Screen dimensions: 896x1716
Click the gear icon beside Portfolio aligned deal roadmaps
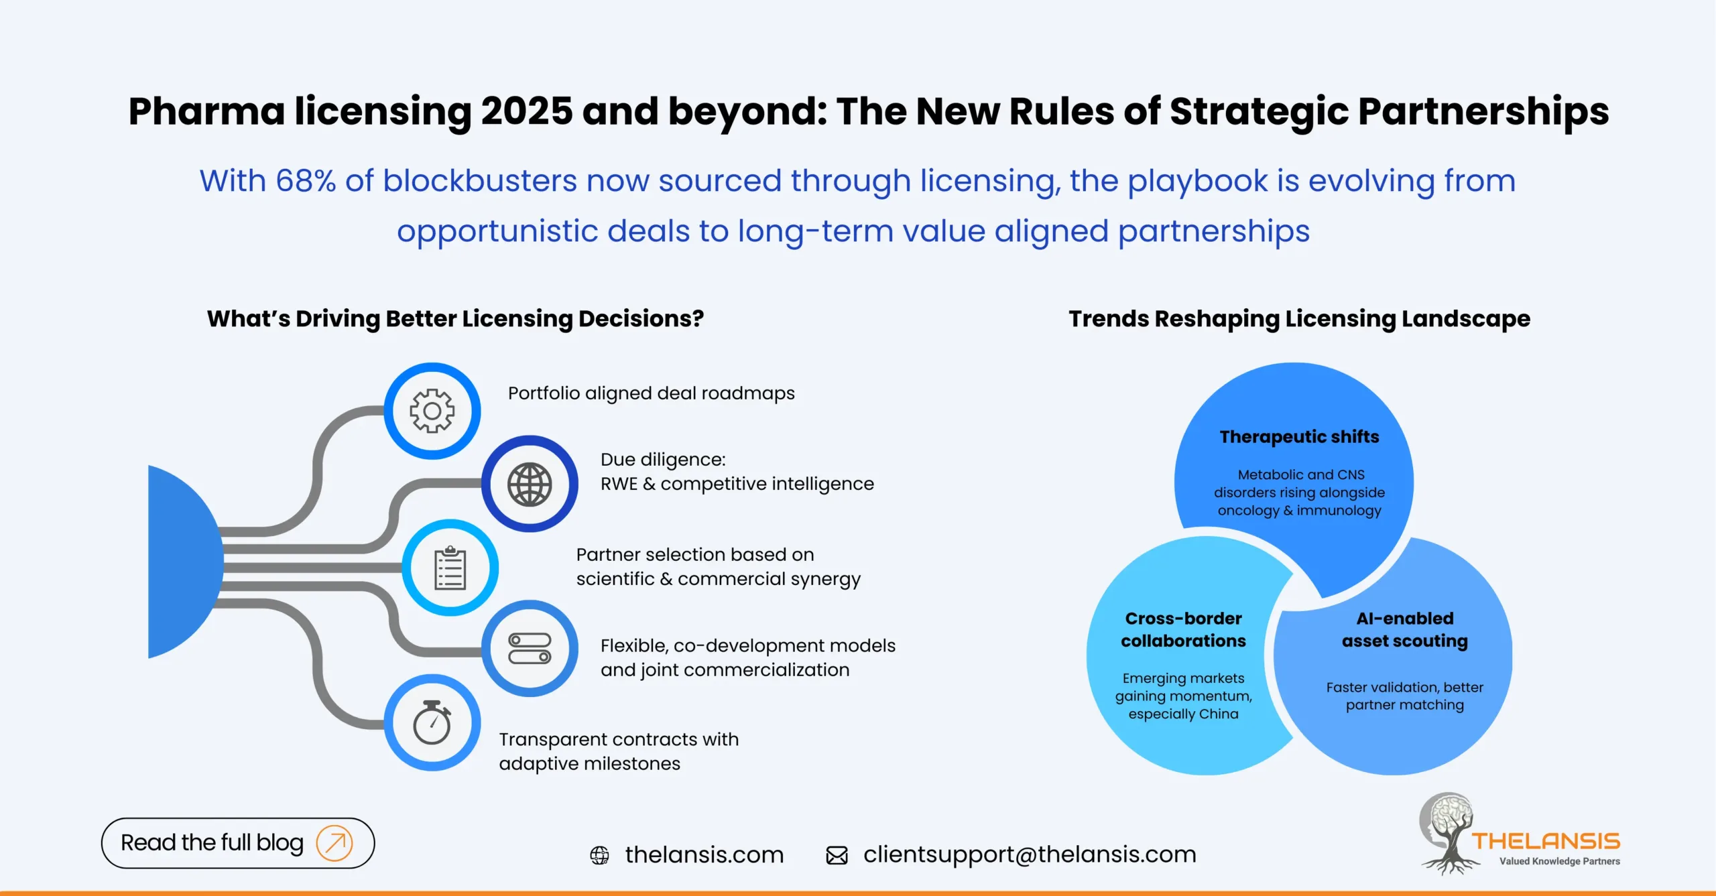[432, 411]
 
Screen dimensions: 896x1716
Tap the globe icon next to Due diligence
[530, 484]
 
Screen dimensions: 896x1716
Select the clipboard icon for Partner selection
[450, 568]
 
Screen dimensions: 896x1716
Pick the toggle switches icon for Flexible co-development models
[530, 648]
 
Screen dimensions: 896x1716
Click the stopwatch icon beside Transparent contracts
[432, 722]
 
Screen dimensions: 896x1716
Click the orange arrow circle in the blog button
[334, 842]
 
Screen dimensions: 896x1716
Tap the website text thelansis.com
[704, 854]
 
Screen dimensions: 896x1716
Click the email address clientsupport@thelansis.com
[1030, 854]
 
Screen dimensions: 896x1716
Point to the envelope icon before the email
[837, 855]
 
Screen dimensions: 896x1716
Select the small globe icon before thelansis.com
[599, 855]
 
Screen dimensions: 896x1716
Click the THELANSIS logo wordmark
[1545, 841]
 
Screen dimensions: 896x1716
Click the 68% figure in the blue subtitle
[306, 181]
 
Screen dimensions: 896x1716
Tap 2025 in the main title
[527, 111]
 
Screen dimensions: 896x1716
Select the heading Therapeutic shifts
[1299, 437]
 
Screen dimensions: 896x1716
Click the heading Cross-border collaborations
[1183, 629]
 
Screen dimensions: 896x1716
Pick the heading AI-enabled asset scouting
[1404, 629]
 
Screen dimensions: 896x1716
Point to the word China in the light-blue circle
[1218, 714]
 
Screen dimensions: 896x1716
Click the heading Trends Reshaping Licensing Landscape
[1299, 319]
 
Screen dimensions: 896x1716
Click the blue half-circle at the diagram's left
[181, 562]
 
